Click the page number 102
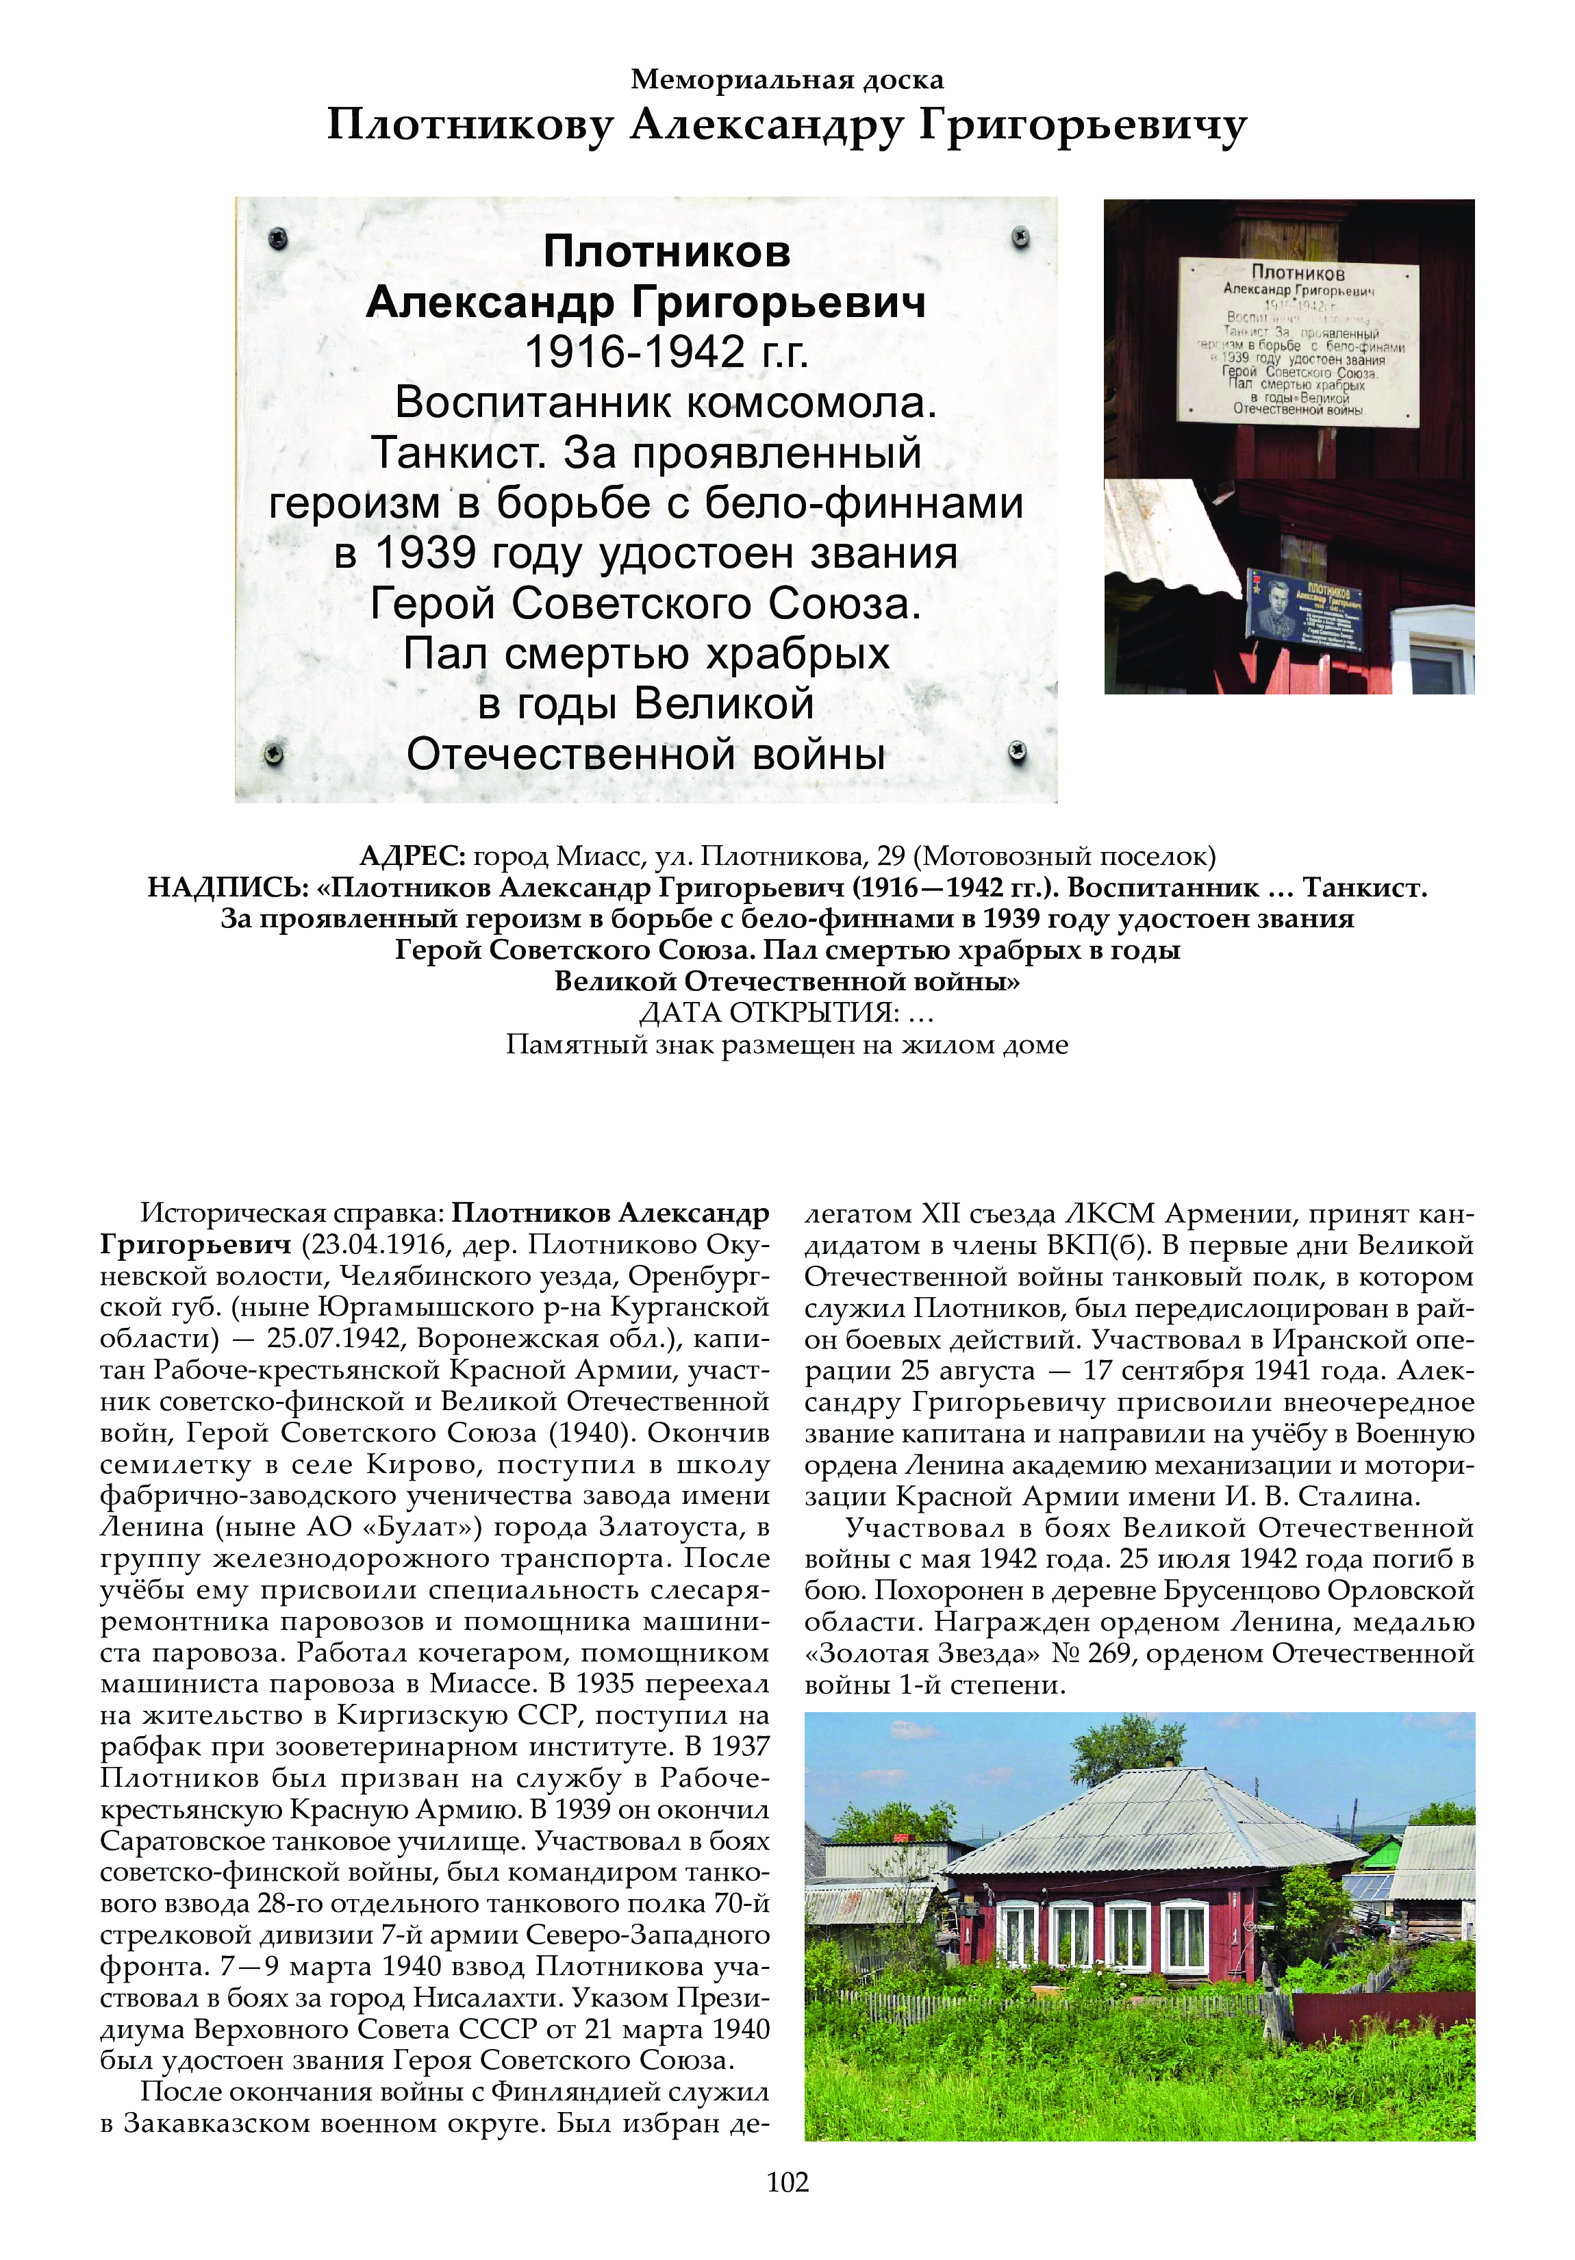[787, 2182]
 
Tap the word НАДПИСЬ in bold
[229, 888]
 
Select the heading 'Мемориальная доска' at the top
[787, 79]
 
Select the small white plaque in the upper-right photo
[1300, 342]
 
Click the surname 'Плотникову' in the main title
[470, 126]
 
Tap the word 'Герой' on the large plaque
[433, 604]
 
